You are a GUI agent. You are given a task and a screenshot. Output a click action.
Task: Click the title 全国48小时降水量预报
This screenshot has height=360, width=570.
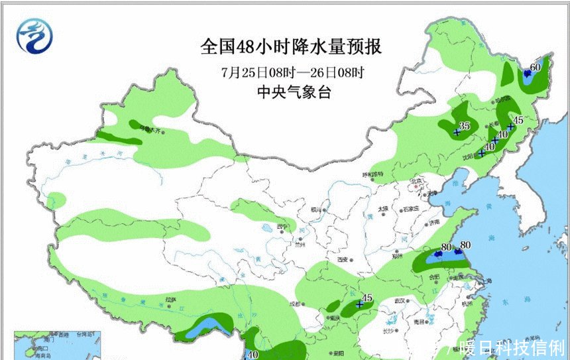[292, 48]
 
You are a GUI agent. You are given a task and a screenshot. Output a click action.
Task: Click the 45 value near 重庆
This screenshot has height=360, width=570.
[367, 298]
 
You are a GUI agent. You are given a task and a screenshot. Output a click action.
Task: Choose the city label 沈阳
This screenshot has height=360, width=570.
[469, 156]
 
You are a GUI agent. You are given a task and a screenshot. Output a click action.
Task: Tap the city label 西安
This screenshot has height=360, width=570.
[342, 260]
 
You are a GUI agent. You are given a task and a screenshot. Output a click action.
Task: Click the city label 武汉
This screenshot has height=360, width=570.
[399, 301]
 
